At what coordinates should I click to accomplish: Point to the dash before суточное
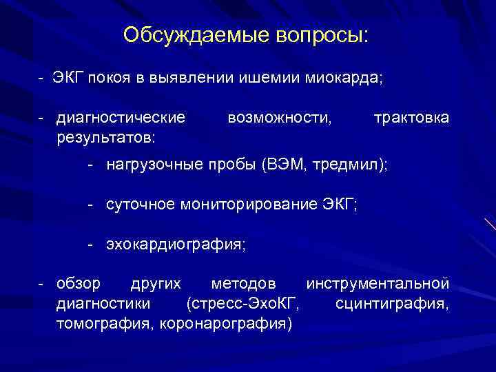coord(90,205)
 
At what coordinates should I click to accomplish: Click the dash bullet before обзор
coord(41,284)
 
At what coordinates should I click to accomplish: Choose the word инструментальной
coord(378,284)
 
